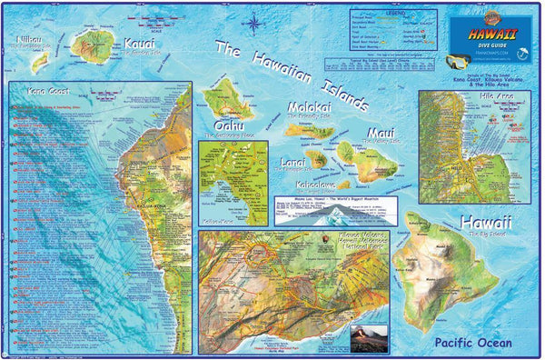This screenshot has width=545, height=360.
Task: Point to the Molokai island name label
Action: [313, 106]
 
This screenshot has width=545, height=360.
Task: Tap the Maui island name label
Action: [380, 133]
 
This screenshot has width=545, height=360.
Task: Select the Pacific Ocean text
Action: [472, 342]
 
